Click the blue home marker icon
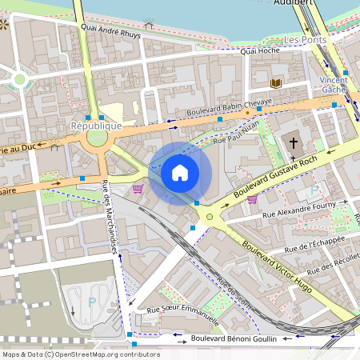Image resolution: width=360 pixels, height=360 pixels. [x=180, y=173]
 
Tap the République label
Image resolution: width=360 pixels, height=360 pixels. [x=96, y=126]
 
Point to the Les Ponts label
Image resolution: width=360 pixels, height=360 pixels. [x=304, y=39]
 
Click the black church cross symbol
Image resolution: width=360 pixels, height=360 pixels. [x=293, y=142]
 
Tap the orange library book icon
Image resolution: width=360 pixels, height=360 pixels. [x=277, y=82]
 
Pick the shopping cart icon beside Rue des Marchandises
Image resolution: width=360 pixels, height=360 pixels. [x=138, y=189]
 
